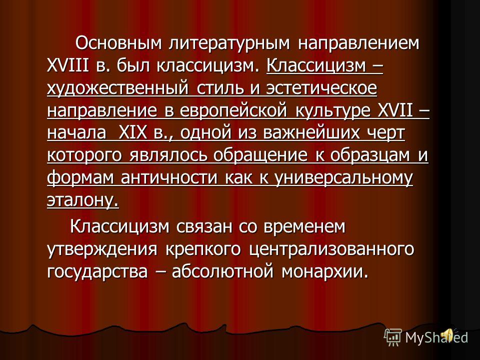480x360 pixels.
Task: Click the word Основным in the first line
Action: coord(118,43)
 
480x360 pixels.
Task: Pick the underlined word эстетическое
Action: coord(321,88)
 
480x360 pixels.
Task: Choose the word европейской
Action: coord(233,111)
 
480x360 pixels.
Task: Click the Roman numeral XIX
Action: coord(132,133)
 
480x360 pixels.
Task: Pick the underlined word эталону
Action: coord(82,201)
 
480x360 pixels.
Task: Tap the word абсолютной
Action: coord(222,271)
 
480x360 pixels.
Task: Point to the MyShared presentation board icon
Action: coord(393,337)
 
